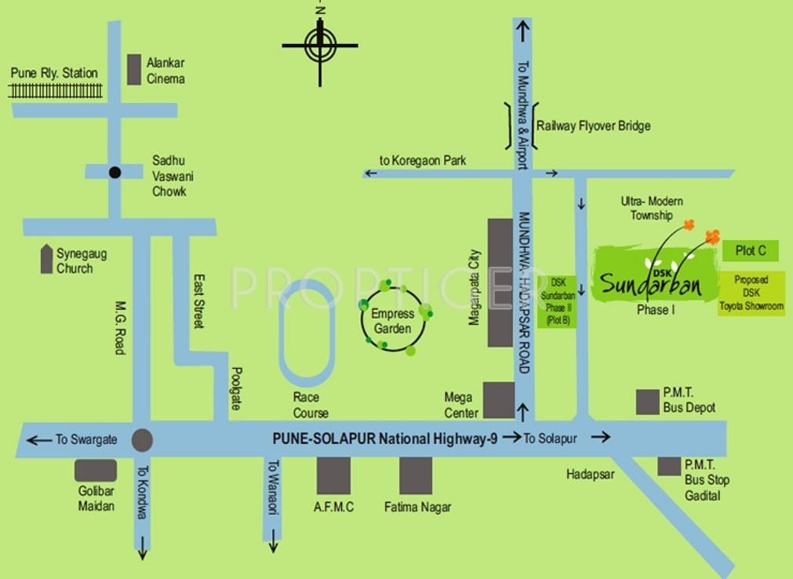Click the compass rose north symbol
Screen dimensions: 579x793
[320, 45]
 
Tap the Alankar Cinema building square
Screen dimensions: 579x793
[134, 70]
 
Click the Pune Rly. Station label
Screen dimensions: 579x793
[54, 73]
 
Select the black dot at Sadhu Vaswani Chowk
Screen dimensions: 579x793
[115, 173]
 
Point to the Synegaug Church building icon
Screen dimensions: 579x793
[46, 259]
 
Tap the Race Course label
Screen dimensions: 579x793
[311, 405]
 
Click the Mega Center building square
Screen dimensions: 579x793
[499, 400]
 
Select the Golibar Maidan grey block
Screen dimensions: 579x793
[96, 471]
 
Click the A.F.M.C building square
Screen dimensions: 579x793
[334, 475]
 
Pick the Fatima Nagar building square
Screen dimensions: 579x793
[416, 475]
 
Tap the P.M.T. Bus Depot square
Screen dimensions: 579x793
[647, 402]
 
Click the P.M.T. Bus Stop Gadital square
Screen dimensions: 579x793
[669, 466]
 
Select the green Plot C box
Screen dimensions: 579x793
[751, 250]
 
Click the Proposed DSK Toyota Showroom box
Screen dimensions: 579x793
[751, 293]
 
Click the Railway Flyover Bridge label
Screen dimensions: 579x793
[593, 126]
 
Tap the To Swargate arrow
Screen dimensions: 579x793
[39, 439]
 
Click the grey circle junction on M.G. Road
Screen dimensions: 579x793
[142, 440]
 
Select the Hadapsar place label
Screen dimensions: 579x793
[591, 474]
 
